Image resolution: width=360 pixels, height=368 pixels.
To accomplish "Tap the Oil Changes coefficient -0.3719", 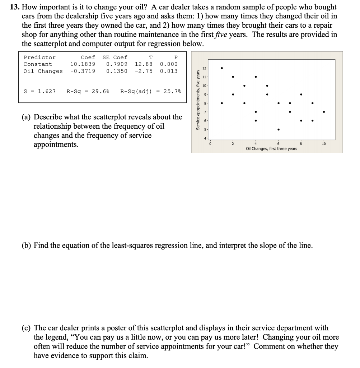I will pos(83,71).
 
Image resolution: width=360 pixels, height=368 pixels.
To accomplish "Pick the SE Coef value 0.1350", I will pos(117,71).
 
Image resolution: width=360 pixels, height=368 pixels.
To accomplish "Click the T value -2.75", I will pos(144,71).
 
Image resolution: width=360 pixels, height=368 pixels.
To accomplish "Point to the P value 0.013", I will pos(169,71).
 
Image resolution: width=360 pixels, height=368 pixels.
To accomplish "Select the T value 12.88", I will pos(144,64).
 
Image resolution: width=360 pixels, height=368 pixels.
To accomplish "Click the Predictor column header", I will pos(39,57).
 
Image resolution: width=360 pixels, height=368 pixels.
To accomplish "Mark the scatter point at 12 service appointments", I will pos(222,68).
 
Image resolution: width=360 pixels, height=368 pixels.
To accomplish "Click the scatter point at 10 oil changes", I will pos(324,112).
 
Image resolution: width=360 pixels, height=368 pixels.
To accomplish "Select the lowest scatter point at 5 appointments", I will pos(279,129).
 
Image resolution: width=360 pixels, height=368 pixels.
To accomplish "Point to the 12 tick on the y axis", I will pos(204,68).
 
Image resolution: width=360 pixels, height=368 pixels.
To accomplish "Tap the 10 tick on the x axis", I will pos(324,144).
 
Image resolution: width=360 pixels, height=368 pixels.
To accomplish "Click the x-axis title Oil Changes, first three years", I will pos(271,149).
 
